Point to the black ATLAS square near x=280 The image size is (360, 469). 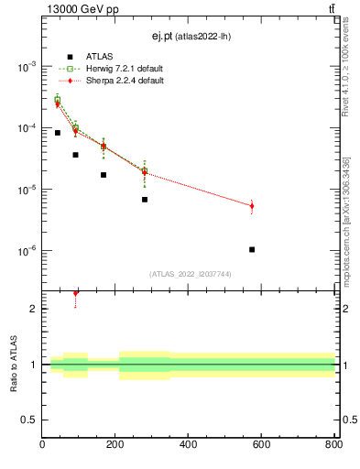[145, 199]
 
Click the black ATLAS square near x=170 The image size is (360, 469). [104, 175]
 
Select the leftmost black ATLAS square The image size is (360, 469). [58, 133]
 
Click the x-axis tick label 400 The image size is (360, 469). [189, 445]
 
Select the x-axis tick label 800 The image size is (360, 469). [333, 445]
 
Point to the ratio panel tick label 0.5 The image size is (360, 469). [31, 420]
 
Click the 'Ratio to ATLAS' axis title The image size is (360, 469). [13, 365]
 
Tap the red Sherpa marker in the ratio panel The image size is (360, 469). [76, 293]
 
